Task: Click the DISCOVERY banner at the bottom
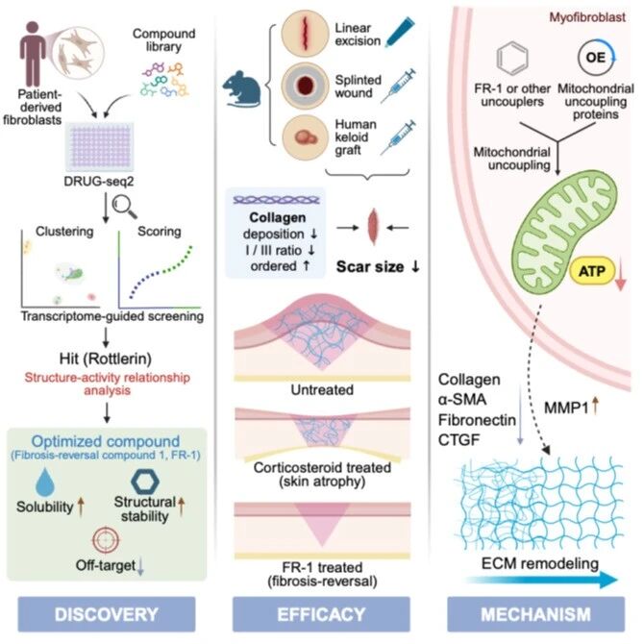pos(107,614)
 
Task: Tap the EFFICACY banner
pos(321,614)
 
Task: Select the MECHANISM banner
pos(536,614)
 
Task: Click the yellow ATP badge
pos(592,271)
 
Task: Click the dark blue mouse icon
pos(242,89)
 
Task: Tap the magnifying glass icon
pos(124,207)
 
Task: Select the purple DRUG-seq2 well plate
pos(100,147)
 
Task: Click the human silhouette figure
pos(33,54)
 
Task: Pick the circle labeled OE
pos(596,58)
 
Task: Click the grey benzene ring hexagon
pos(512,59)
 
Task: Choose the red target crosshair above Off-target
pos(106,540)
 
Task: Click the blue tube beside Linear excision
pos(400,32)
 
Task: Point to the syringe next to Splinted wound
pos(398,86)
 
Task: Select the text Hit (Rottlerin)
pos(106,359)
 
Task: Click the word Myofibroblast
pos(587,17)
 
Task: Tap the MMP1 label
pos(566,408)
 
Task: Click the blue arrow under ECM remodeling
pos(541,580)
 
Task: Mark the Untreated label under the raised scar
pos(322,389)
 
